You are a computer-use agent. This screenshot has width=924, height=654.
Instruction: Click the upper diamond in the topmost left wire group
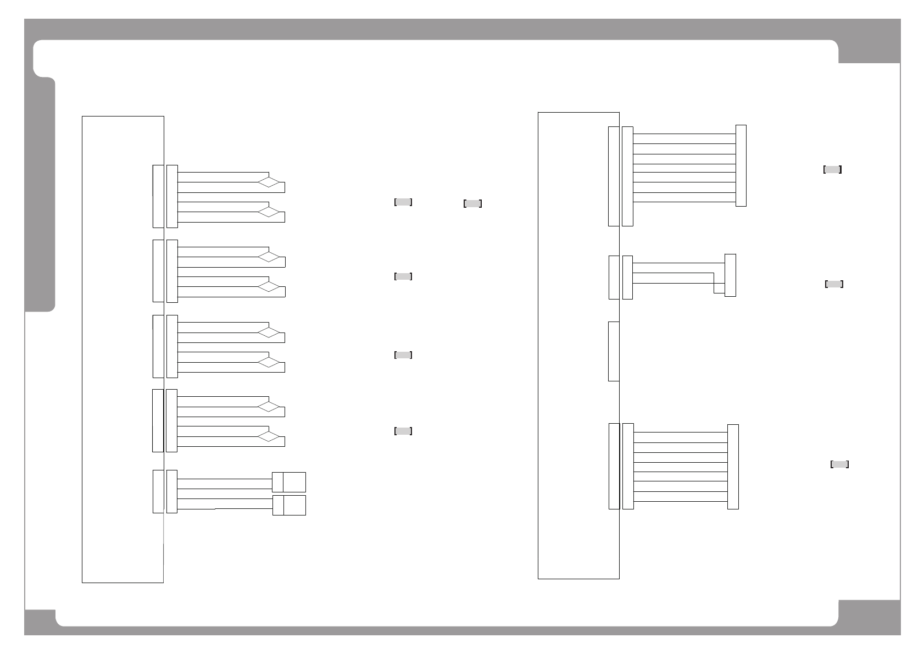(269, 182)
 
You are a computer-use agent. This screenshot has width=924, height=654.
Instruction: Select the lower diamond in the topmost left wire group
(269, 212)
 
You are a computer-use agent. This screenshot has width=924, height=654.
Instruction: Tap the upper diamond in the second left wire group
(269, 257)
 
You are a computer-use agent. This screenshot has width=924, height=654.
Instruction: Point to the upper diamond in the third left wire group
(269, 332)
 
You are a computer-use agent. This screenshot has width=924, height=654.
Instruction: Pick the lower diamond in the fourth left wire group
(269, 436)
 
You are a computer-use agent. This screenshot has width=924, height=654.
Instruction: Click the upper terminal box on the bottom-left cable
(289, 482)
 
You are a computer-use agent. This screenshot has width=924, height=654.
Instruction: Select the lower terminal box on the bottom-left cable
(289, 505)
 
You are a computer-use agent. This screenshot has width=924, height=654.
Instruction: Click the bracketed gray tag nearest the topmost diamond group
(403, 202)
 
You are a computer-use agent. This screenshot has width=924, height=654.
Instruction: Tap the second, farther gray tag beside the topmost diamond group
(472, 204)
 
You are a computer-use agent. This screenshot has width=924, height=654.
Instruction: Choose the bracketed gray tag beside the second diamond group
(403, 276)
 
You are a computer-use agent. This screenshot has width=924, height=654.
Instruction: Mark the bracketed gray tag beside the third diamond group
(403, 355)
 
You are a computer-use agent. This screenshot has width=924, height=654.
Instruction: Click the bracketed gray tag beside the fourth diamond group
(403, 431)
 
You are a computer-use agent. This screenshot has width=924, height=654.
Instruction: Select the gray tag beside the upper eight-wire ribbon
(832, 169)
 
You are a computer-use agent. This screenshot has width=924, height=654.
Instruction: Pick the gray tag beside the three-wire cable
(834, 284)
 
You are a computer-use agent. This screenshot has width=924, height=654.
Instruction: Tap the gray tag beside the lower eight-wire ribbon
(839, 464)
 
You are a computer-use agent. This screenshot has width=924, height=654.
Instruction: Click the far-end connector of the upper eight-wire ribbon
(741, 165)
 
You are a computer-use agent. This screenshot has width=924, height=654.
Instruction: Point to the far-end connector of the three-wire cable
(730, 275)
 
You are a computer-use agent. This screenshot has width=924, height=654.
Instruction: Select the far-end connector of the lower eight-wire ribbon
(733, 467)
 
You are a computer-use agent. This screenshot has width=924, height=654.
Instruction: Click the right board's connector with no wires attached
(614, 351)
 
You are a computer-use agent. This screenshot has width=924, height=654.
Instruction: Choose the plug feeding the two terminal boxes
(172, 491)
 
